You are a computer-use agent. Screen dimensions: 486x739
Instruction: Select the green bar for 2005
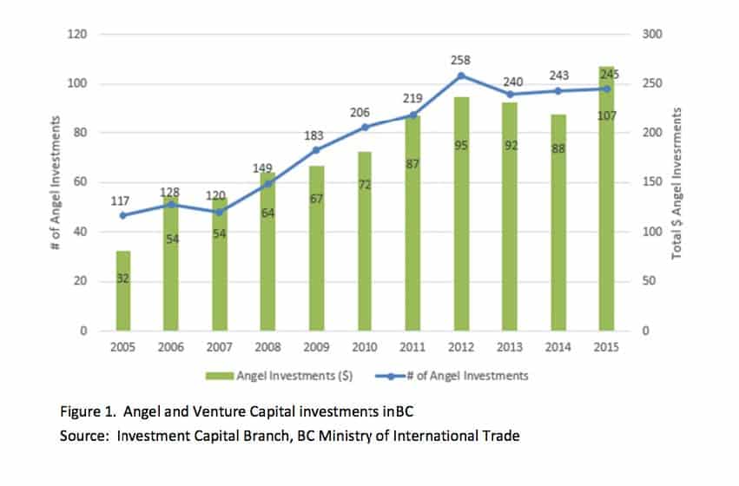(x=123, y=292)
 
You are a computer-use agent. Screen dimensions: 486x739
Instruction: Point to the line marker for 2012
(x=462, y=76)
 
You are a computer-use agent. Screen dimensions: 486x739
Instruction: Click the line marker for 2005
(x=123, y=215)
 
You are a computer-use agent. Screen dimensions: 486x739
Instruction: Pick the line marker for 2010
(x=365, y=128)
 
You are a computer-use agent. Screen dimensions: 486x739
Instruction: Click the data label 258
(x=462, y=59)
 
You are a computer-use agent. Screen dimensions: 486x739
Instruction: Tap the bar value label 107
(x=606, y=115)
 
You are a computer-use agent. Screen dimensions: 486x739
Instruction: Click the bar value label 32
(x=123, y=277)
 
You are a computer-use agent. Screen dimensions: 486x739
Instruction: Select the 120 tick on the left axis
(x=81, y=35)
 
